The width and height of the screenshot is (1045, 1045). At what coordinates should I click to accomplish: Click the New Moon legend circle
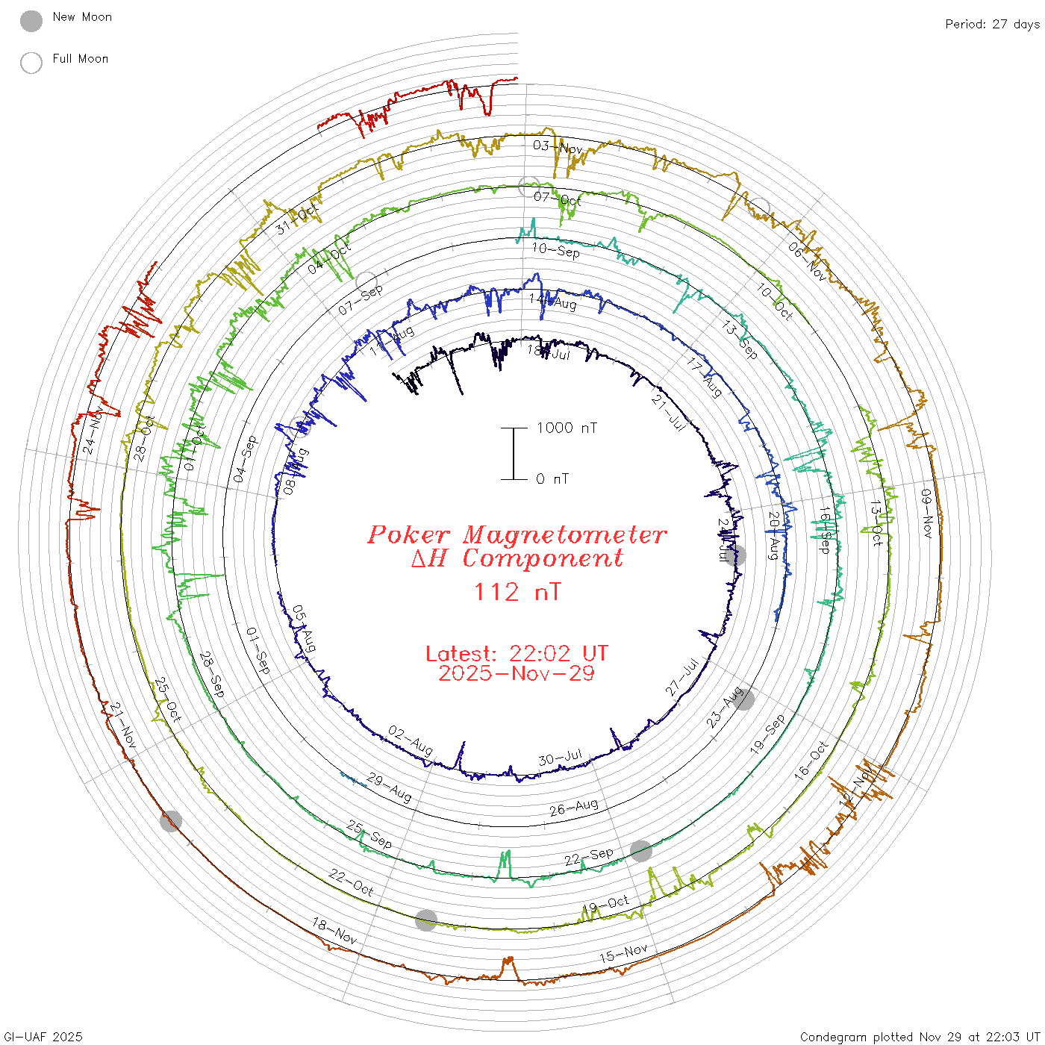point(31,21)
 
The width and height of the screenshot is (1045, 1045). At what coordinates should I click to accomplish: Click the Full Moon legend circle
point(31,63)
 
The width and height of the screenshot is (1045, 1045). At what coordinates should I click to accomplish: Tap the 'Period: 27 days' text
point(992,25)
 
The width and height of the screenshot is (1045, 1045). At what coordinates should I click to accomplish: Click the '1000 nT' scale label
point(567,428)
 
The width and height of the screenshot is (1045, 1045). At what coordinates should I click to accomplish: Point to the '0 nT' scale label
point(552,479)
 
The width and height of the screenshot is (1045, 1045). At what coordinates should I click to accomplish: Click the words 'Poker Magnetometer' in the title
point(517,534)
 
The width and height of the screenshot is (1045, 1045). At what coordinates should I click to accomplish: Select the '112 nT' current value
point(517,592)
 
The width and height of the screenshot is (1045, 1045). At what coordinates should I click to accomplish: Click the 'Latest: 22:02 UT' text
point(517,654)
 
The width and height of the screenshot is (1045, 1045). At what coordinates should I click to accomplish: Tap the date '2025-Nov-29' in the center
point(517,673)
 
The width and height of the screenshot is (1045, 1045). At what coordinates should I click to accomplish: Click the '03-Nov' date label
point(558,147)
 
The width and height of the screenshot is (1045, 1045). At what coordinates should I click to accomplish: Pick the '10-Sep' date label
point(556,250)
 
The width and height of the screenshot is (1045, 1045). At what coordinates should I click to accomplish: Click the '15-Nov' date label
point(623,953)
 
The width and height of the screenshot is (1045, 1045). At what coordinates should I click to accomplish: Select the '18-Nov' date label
point(334,931)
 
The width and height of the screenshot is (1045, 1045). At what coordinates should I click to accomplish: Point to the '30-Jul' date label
point(560,758)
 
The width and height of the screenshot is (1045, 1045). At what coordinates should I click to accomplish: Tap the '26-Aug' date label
point(574,807)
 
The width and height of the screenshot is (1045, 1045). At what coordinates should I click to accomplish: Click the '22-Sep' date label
point(589,857)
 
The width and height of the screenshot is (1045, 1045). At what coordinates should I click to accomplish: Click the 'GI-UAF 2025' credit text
point(43,1037)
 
